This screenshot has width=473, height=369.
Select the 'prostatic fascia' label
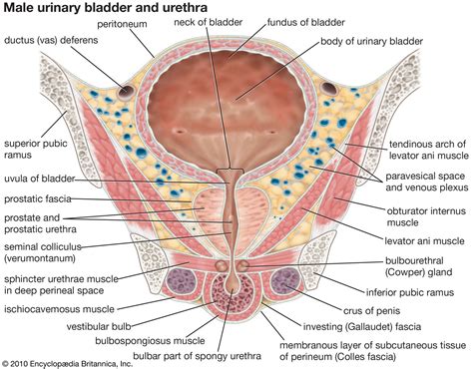tap(42, 199)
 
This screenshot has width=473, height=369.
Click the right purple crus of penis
tap(289, 287)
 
